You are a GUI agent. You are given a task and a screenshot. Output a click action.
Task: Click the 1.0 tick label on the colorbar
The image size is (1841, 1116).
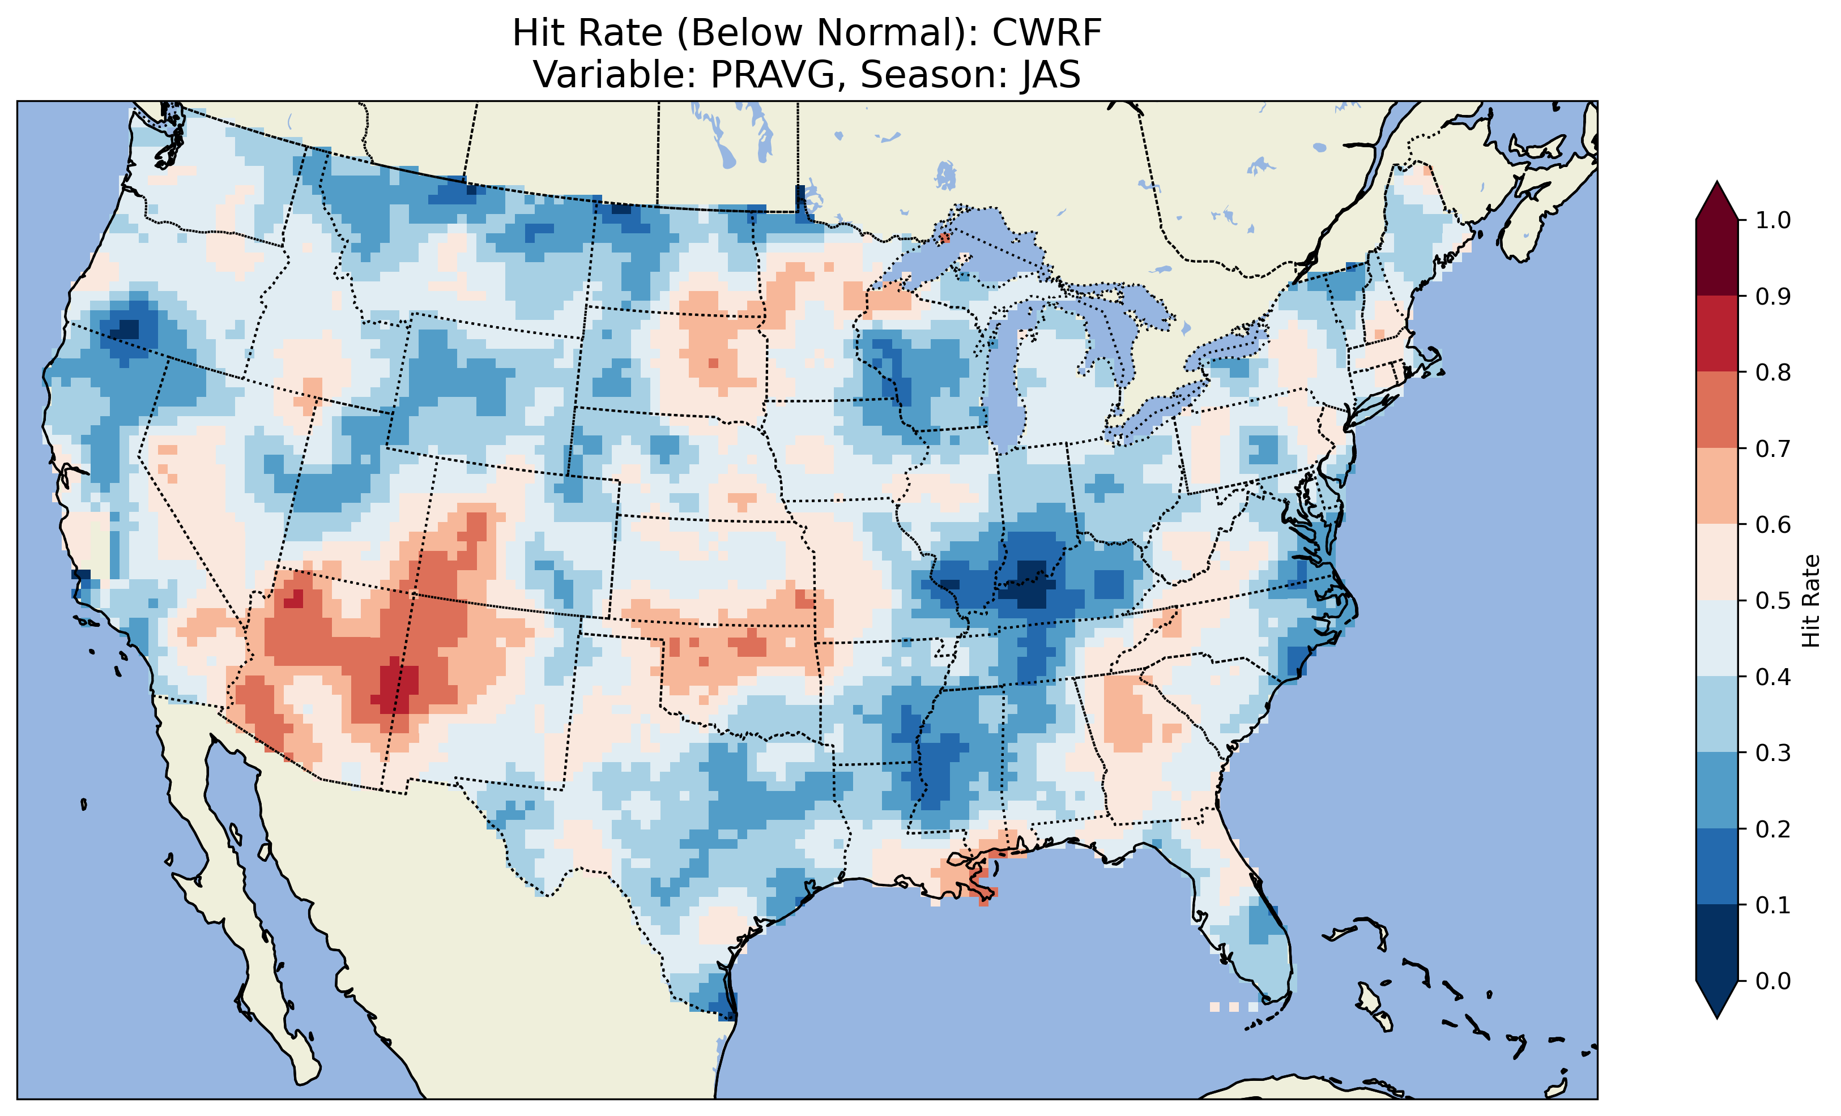click(x=1772, y=220)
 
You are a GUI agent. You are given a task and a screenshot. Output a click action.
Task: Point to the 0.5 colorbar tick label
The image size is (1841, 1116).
click(x=1772, y=601)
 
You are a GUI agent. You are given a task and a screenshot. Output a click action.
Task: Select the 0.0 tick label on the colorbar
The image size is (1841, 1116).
click(x=1772, y=981)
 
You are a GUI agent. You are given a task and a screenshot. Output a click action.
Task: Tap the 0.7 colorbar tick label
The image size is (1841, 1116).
click(x=1772, y=448)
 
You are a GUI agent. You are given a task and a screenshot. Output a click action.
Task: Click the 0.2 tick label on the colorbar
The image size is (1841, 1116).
click(x=1772, y=829)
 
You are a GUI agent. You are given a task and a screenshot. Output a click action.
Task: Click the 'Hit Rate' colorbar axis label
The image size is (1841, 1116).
click(x=1810, y=601)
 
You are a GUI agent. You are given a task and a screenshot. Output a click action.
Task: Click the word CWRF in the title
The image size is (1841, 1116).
click(x=1046, y=33)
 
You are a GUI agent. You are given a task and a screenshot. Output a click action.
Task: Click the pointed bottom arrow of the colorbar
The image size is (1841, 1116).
click(x=1716, y=1001)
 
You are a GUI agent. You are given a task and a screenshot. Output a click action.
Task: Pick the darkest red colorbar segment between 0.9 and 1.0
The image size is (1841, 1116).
click(x=1716, y=258)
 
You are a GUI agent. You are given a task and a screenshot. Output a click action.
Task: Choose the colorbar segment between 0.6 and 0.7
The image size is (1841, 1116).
click(x=1716, y=486)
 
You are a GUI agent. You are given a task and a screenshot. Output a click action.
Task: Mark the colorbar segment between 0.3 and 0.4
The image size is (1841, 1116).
click(x=1716, y=715)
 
